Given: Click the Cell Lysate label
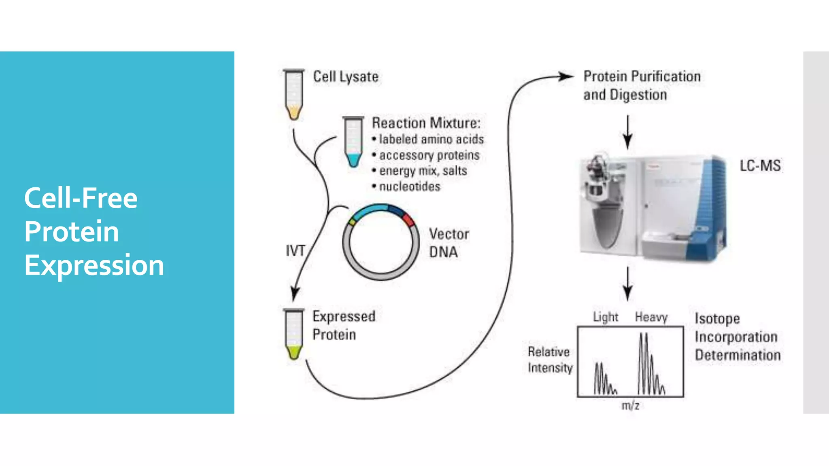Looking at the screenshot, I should (x=346, y=77).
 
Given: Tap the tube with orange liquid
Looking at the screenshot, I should (x=294, y=95).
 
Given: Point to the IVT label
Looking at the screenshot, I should (x=295, y=251).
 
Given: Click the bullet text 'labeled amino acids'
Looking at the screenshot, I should (x=431, y=139).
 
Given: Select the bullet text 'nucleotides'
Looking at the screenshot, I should (x=409, y=186).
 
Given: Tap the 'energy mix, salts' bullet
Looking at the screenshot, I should (x=423, y=171).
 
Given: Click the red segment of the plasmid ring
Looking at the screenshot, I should (x=408, y=220).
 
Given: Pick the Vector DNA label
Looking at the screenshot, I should (x=449, y=243).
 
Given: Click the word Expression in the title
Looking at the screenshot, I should (x=94, y=265).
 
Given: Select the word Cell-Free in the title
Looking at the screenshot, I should (x=81, y=198).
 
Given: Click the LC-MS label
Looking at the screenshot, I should (x=760, y=165).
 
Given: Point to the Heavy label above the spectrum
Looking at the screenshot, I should (x=651, y=317).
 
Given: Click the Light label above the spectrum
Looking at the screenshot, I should (x=606, y=317).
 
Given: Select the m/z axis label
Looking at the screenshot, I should (x=630, y=406).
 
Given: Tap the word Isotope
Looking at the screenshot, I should (x=717, y=318).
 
